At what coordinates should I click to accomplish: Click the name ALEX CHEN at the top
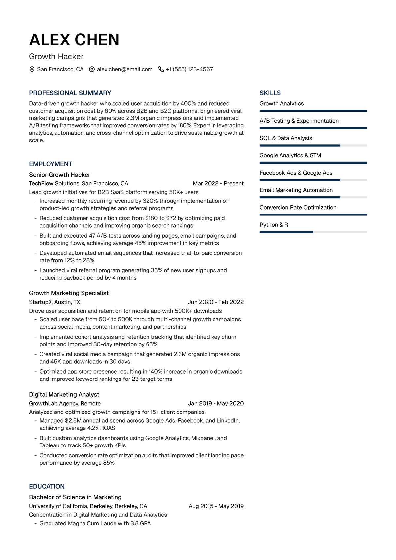(x=74, y=40)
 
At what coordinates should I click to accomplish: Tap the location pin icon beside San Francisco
(x=32, y=69)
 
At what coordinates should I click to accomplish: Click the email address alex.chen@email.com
(x=124, y=69)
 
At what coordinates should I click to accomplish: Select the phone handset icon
(x=161, y=69)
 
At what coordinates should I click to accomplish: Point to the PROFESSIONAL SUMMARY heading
(x=70, y=93)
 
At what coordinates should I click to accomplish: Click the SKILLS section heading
(x=270, y=93)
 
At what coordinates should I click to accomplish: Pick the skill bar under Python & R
(x=313, y=232)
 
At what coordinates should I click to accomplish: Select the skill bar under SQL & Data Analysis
(x=313, y=145)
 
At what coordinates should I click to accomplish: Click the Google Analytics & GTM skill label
(x=290, y=155)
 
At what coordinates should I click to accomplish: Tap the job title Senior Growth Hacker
(x=59, y=175)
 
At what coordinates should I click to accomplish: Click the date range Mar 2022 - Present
(x=218, y=183)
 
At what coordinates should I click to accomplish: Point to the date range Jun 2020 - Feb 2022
(x=215, y=302)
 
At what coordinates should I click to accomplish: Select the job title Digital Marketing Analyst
(x=64, y=394)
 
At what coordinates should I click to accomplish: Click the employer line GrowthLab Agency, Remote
(x=65, y=403)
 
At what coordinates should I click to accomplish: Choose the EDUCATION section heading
(x=47, y=486)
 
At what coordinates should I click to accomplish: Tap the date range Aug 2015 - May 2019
(x=216, y=506)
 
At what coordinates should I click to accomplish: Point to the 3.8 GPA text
(x=141, y=523)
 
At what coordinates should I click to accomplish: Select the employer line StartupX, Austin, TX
(x=54, y=302)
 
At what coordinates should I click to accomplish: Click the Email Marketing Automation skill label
(x=296, y=190)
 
